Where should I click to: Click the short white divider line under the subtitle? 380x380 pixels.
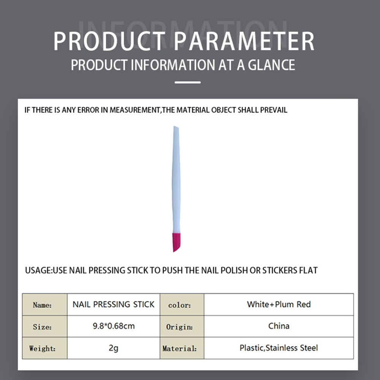[188, 82]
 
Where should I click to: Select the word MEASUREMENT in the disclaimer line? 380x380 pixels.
[135, 110]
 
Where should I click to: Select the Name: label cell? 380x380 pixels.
[45, 305]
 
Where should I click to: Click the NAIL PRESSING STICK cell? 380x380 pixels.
[113, 305]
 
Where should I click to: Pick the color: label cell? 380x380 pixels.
[182, 305]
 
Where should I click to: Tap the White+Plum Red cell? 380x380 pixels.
[279, 305]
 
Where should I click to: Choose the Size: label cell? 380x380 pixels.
[45, 326]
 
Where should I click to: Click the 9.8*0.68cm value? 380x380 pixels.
[114, 326]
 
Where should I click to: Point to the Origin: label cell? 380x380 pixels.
[182, 326]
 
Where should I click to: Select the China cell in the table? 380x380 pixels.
[279, 326]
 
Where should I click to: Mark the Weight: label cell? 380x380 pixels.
[45, 348]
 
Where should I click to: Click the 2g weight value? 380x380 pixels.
[113, 348]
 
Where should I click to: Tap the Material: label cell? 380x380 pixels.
[182, 348]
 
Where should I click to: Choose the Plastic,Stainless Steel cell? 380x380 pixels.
[279, 348]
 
